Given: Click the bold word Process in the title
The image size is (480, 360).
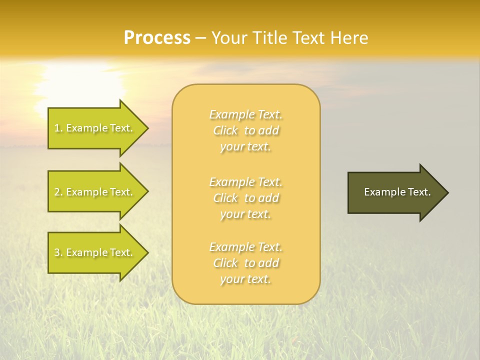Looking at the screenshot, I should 157,38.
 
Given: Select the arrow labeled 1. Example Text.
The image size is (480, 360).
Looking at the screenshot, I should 95,128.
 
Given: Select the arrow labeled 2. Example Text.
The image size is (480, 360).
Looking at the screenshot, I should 95,192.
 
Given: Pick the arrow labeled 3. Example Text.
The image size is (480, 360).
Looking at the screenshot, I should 95,252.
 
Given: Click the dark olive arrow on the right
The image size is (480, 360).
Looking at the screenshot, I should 395,192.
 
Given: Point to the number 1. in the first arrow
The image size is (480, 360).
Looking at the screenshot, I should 58,128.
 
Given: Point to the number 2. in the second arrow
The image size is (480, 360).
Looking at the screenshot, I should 58,192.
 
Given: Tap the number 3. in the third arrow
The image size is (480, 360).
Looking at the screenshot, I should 58,253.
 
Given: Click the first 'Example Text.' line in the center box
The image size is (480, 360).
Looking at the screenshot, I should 246,114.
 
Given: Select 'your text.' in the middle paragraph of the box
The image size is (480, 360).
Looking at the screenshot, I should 246,214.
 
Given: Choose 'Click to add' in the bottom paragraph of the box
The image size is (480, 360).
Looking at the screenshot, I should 246,263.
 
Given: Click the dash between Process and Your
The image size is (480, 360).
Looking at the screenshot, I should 201,38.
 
